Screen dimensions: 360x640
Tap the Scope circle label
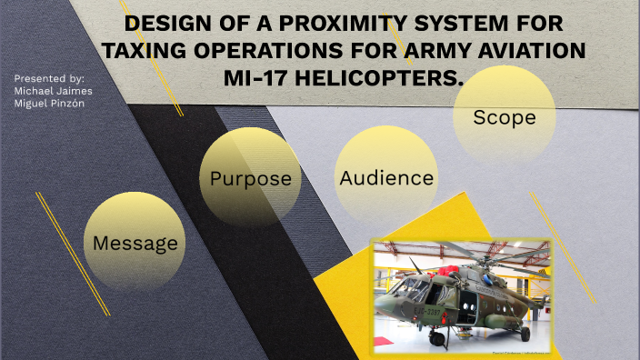point(504,117)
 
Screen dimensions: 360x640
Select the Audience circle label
point(386,178)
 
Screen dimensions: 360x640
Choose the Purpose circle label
point(250,178)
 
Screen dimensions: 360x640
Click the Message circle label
point(135,244)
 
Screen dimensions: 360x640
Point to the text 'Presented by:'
point(49,78)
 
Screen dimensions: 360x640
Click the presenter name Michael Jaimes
point(53,90)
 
